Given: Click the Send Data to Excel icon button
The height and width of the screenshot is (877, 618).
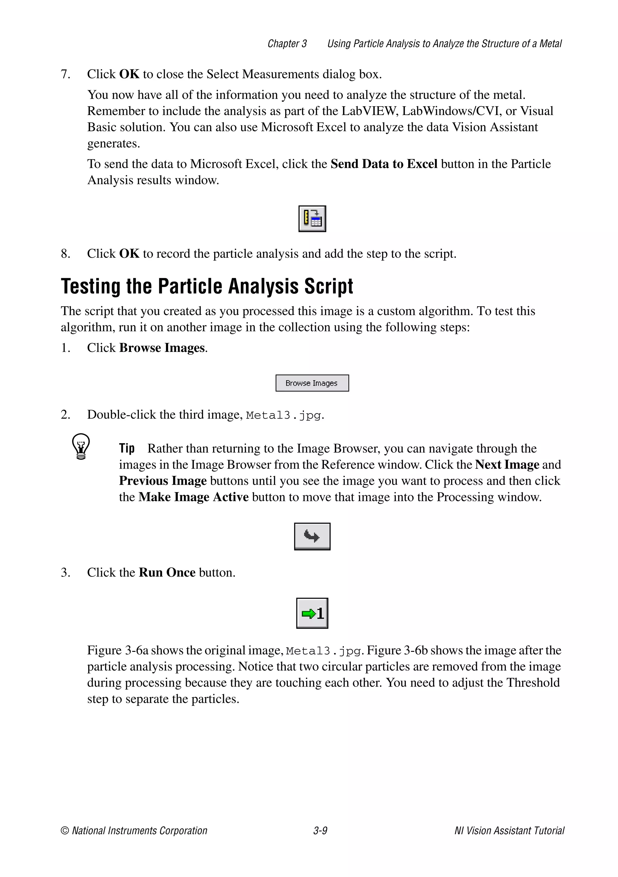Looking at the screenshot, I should coord(312,218).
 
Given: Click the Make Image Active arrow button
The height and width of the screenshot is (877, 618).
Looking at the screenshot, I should coord(312,536).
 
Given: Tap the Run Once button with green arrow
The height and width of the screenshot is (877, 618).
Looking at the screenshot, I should coord(312,613).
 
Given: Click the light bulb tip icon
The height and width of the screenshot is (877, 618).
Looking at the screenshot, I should coord(81,446).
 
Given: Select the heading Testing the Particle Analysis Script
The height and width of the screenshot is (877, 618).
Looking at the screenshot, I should coord(207,286).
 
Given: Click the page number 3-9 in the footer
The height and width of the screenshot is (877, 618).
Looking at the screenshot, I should coord(320,831).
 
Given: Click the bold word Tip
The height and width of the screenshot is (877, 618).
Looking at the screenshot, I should coord(126,448).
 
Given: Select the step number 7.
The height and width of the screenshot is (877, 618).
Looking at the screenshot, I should coord(65,74).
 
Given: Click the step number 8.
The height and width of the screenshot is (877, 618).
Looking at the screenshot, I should coord(65,254).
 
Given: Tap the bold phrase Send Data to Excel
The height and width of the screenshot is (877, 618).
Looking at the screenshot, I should coord(384,164).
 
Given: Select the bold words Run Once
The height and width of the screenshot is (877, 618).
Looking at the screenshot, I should coord(167,572).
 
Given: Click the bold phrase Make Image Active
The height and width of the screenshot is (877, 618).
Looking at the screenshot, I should coord(193,497).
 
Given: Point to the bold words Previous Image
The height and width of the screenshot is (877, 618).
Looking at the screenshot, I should coord(163,480).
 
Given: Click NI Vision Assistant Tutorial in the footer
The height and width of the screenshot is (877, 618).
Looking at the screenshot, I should coord(509,831).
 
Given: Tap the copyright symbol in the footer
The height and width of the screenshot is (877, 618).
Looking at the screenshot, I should coord(65,831).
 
